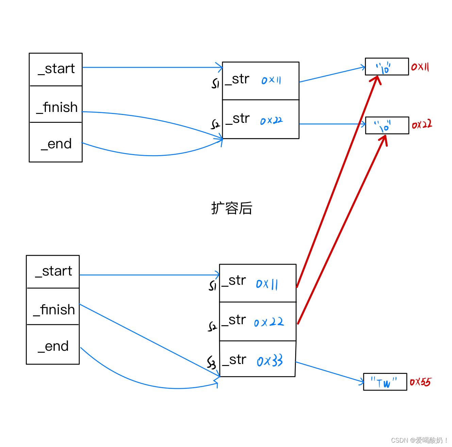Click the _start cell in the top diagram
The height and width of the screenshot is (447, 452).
[56, 69]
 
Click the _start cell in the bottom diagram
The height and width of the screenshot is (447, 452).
[53, 272]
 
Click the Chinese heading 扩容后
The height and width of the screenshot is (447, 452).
[232, 208]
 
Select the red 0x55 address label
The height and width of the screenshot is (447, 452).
[420, 382]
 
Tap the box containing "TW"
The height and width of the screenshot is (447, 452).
[385, 382]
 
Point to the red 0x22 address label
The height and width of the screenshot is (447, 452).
[422, 125]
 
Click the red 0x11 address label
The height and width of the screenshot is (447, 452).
[420, 67]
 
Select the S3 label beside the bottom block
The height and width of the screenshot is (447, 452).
[212, 363]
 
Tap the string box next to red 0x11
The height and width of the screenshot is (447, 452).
[387, 67]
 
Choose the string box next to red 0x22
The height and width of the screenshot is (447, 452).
[387, 126]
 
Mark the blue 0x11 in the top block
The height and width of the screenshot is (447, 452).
[271, 80]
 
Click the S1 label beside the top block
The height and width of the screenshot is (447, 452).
[215, 83]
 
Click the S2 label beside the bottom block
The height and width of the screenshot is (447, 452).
[212, 327]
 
